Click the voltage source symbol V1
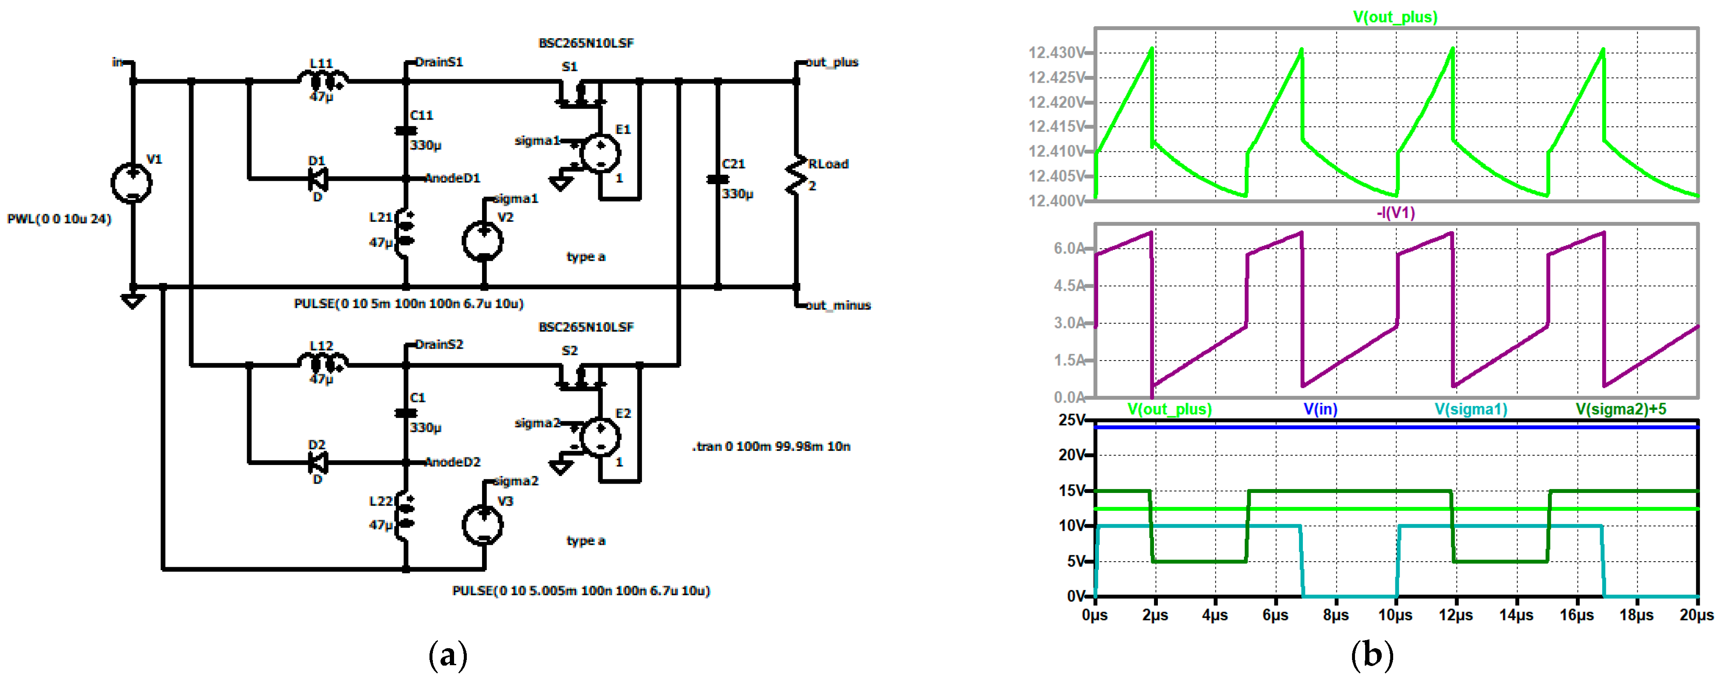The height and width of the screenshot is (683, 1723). tap(132, 182)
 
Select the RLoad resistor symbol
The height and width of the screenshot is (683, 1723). tap(796, 175)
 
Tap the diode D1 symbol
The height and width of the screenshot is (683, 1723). tap(317, 179)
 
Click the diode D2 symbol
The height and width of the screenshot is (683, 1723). tap(317, 462)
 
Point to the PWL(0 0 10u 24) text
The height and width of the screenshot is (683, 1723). tap(59, 219)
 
